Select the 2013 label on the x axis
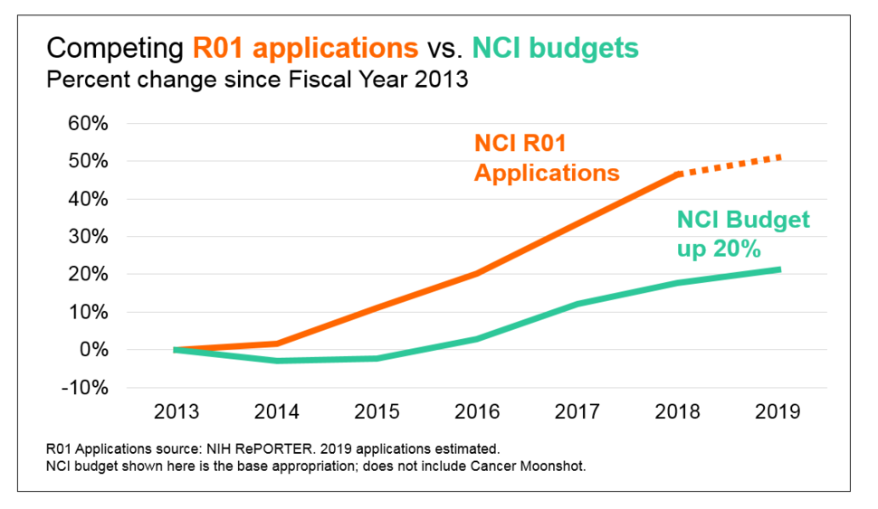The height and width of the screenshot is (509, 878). pyautogui.click(x=177, y=411)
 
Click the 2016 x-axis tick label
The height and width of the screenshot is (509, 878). pyautogui.click(x=477, y=411)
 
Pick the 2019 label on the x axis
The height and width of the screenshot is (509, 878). pyautogui.click(x=778, y=411)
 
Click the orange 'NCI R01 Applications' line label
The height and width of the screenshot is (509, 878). pyautogui.click(x=546, y=158)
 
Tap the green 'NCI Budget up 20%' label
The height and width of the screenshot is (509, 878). pyautogui.click(x=742, y=233)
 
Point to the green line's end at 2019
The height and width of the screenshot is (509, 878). pyautogui.click(x=777, y=269)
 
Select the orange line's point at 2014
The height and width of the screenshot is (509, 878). pyautogui.click(x=277, y=344)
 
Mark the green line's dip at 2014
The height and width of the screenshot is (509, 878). pyautogui.click(x=277, y=361)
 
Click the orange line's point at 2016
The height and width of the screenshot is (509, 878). pyautogui.click(x=477, y=273)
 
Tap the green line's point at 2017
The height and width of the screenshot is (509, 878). pyautogui.click(x=577, y=305)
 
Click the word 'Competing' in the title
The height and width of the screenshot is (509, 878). pyautogui.click(x=114, y=48)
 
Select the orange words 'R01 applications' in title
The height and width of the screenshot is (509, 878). pyautogui.click(x=305, y=48)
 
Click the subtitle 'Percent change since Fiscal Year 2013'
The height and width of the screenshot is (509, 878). pyautogui.click(x=257, y=79)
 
